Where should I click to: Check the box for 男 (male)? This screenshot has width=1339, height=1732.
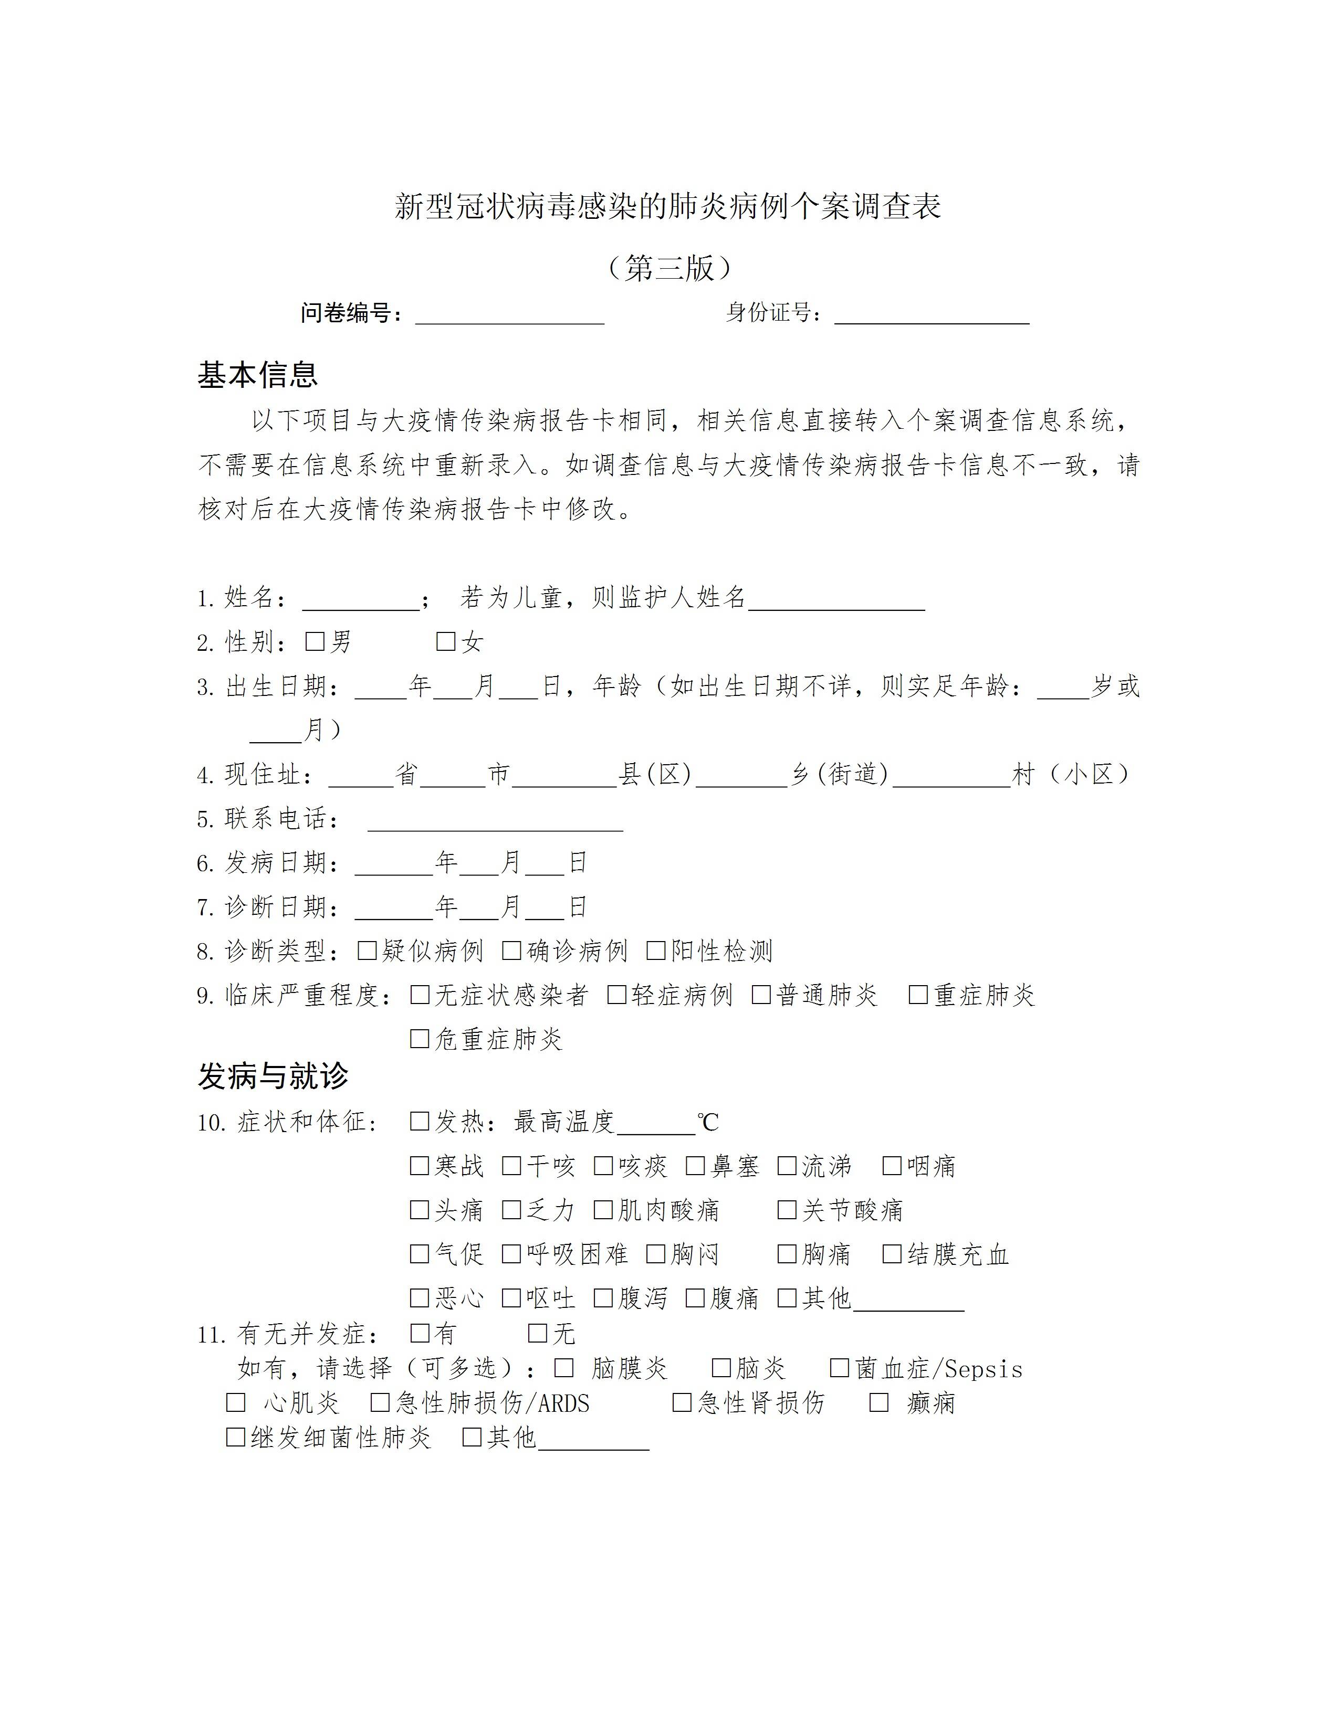click(315, 641)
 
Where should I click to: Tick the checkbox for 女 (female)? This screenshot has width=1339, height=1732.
click(446, 641)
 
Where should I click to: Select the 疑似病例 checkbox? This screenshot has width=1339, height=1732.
click(367, 950)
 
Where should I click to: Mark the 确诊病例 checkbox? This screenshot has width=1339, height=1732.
click(511, 950)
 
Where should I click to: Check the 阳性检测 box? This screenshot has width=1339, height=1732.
click(656, 950)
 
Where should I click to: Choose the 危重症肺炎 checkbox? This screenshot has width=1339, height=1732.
click(420, 1038)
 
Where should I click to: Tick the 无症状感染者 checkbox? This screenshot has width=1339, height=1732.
click(420, 995)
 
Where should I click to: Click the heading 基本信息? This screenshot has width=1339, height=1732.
click(257, 374)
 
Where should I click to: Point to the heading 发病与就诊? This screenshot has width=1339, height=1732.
click(273, 1076)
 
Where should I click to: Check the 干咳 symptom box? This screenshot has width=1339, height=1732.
click(511, 1165)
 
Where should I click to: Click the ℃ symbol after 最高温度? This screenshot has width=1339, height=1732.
click(708, 1122)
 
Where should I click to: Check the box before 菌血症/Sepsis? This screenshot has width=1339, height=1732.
click(839, 1367)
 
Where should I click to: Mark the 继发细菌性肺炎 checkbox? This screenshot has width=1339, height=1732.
click(236, 1437)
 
